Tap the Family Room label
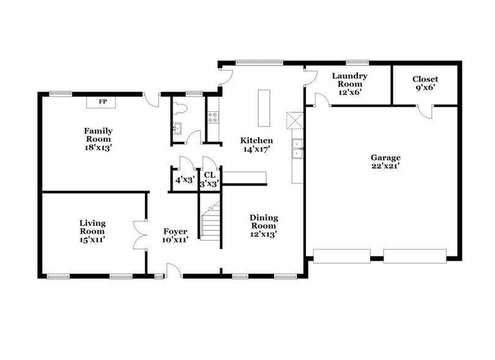click(99, 138)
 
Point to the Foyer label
click(174, 235)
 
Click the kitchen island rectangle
click(264, 108)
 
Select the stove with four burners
click(214, 117)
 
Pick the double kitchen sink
click(297, 149)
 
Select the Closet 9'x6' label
click(425, 83)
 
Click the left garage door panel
click(341, 255)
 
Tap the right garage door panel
click(415, 255)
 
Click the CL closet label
click(209, 176)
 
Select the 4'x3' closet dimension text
click(184, 181)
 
